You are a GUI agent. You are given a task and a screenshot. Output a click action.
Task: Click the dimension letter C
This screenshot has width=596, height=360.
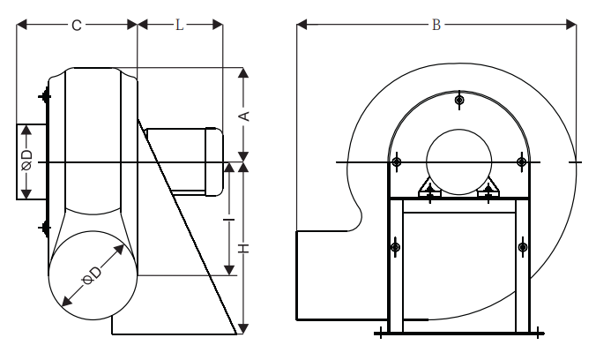(77, 25)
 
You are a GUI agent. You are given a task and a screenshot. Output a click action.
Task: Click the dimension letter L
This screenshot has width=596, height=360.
(179, 25)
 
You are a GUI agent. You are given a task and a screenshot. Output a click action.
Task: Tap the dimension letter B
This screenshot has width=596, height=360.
(436, 25)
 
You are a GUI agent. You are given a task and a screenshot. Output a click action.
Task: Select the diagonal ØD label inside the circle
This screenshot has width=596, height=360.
(92, 274)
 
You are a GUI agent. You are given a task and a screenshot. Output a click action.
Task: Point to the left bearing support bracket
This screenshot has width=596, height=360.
(429, 189)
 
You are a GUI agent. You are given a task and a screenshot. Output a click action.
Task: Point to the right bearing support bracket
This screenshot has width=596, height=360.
(488, 189)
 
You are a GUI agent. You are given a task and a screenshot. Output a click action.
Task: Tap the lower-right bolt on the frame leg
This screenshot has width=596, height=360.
(523, 248)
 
